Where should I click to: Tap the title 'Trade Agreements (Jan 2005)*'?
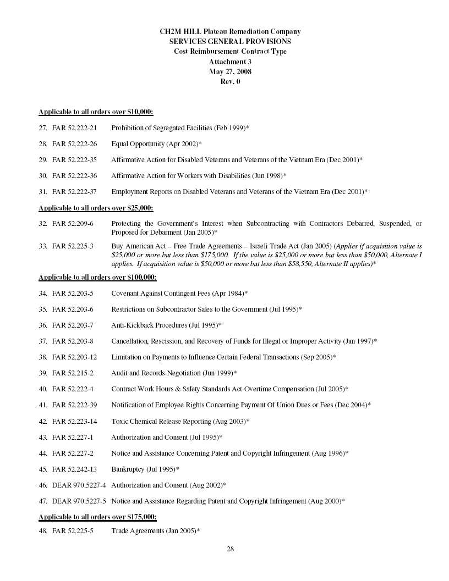155,531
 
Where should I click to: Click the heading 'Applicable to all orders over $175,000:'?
97,517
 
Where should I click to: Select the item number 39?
42,373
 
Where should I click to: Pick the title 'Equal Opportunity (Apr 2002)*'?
156,143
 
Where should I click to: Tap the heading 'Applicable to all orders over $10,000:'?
96,112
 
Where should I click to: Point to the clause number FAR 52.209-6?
73,224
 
